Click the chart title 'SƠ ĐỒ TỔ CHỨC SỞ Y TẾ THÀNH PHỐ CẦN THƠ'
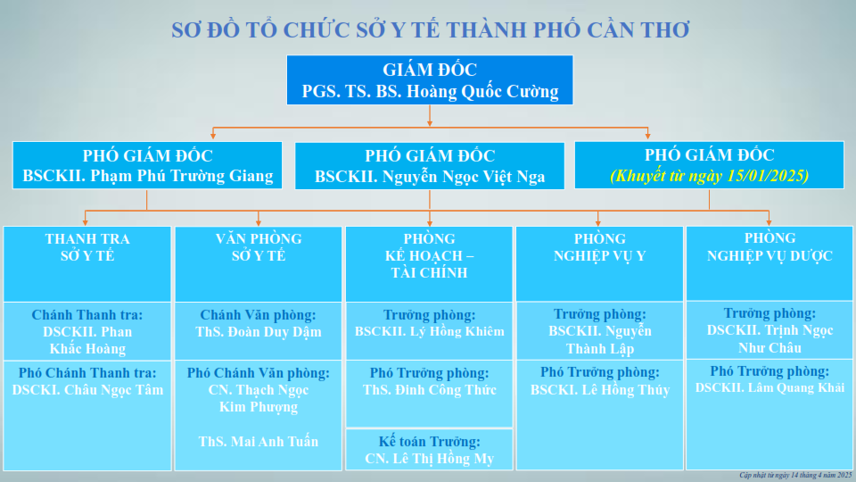[430, 29]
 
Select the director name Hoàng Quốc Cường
[482, 91]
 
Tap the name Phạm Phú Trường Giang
[182, 176]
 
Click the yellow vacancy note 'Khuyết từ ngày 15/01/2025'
[709, 176]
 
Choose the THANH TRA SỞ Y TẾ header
[87, 247]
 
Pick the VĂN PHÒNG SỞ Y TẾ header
[259, 247]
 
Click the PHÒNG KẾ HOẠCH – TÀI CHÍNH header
[430, 256]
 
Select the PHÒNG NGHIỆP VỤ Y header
[599, 247]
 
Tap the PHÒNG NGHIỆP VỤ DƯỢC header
[770, 246]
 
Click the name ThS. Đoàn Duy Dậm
[259, 332]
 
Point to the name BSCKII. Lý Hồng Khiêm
[430, 332]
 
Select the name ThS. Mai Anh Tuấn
[259, 442]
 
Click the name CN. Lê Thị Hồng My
[430, 459]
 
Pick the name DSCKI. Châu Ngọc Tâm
[87, 390]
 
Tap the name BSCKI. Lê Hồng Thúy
[600, 390]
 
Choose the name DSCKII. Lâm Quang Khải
[770, 388]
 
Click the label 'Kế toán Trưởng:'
[430, 442]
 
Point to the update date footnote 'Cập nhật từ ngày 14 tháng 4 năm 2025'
[795, 476]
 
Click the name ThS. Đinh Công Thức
[430, 390]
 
